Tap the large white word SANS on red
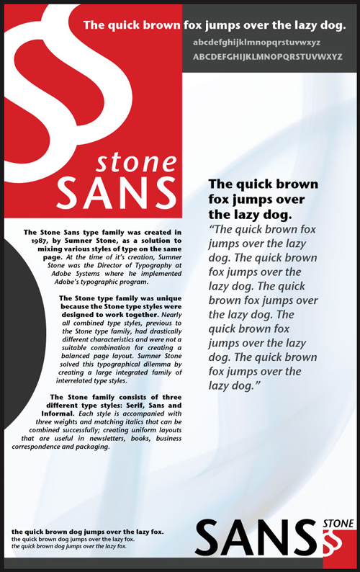click(116, 189)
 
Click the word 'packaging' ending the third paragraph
click(89, 447)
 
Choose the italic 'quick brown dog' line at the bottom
click(69, 546)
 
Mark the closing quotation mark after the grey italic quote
click(257, 386)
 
